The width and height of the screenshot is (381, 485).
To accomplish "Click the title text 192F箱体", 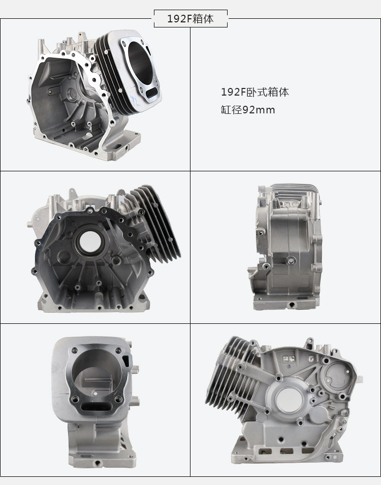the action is (x=190, y=19).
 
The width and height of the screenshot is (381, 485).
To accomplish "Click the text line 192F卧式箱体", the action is (x=255, y=92).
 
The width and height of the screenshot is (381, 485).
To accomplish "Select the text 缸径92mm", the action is (x=248, y=110).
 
